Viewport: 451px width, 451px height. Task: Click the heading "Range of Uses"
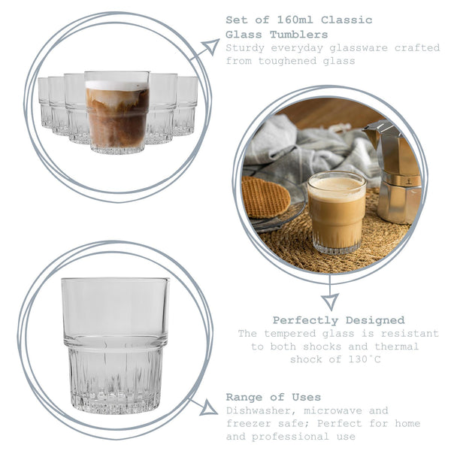(274, 397)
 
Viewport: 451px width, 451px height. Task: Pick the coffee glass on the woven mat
(336, 212)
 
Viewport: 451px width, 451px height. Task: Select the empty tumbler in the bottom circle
(115, 344)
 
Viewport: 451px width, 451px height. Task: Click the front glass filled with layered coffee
(117, 113)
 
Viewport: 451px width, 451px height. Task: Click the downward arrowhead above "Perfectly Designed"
(329, 301)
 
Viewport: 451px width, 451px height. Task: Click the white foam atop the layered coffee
(117, 85)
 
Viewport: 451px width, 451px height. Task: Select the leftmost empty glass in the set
(44, 103)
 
